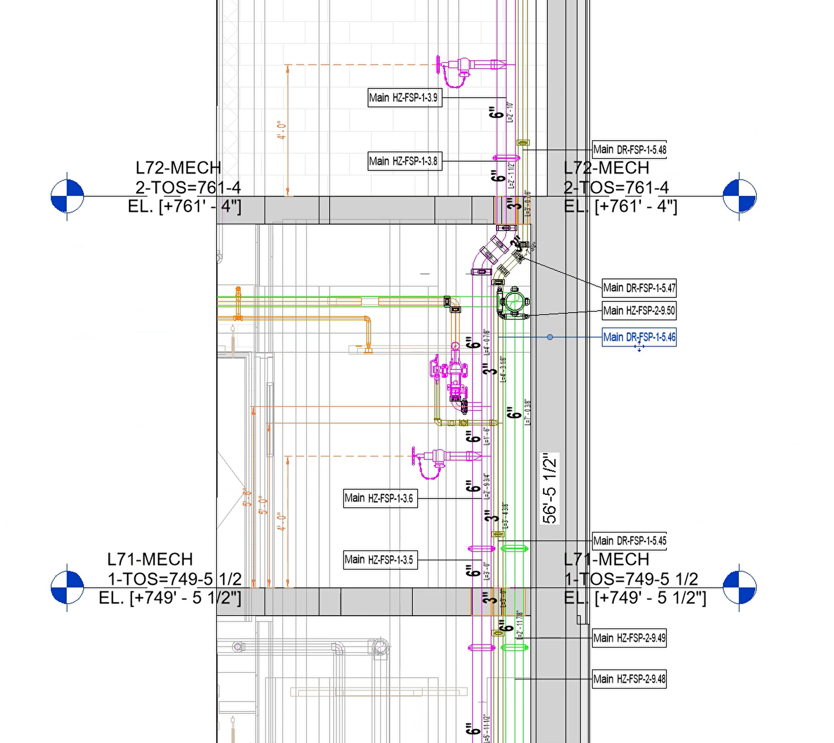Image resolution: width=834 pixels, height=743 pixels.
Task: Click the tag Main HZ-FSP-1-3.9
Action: click(404, 98)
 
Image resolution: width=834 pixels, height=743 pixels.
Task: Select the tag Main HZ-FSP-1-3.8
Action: click(404, 161)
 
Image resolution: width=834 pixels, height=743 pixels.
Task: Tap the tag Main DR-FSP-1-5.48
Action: click(629, 150)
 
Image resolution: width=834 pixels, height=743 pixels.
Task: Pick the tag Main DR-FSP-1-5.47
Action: click(639, 288)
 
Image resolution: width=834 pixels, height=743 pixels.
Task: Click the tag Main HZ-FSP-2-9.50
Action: click(639, 311)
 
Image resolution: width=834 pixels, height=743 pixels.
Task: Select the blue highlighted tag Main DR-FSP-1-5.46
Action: click(639, 337)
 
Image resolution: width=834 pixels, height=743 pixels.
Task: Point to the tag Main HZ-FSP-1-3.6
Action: click(380, 499)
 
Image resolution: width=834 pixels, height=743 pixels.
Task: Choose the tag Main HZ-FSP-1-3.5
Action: click(380, 560)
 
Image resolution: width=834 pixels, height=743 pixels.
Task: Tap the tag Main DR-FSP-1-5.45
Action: click(629, 541)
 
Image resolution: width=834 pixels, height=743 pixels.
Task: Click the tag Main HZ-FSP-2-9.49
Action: click(629, 638)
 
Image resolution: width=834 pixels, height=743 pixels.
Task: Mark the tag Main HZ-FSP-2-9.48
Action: click(629, 679)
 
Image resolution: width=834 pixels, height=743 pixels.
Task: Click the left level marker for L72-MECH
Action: click(67, 196)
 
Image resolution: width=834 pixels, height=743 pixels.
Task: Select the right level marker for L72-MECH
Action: click(740, 196)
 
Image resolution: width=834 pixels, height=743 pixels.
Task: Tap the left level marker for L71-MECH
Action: click(67, 587)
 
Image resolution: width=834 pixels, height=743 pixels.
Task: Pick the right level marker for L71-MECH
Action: click(740, 587)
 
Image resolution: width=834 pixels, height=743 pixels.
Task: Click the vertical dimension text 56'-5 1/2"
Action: click(550, 489)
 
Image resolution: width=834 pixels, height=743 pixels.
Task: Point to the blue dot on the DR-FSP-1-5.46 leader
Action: click(550, 337)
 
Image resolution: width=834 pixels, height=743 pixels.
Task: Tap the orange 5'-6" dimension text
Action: click(247, 498)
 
